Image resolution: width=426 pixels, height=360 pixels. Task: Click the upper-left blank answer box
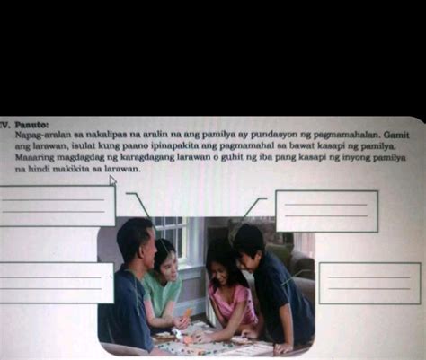click(x=57, y=206)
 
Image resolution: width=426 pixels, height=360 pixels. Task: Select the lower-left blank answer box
click(x=56, y=282)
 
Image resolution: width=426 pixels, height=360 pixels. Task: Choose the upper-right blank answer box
click(x=326, y=211)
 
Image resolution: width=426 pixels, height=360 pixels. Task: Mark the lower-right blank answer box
click(x=368, y=283)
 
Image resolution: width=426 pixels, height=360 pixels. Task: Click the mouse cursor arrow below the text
click(x=113, y=180)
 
